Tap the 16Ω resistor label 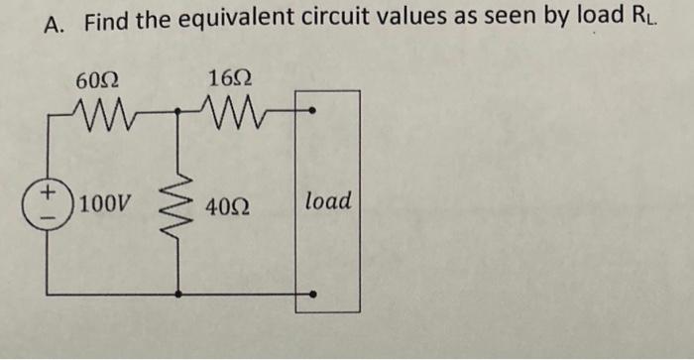229,77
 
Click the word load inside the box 327,201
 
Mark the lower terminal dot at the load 313,294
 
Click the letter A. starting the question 56,23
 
